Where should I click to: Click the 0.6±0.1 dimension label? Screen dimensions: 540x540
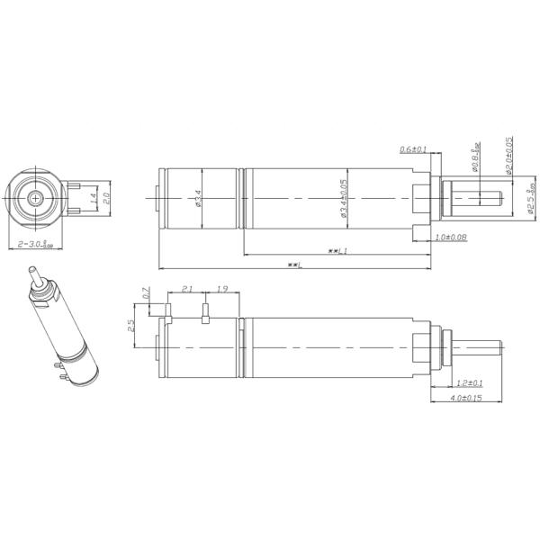413,149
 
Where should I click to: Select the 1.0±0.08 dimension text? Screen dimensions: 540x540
450,237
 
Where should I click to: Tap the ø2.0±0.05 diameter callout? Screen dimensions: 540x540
508,155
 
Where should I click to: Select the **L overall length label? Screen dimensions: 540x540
293,265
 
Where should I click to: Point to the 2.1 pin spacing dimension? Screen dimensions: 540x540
187,289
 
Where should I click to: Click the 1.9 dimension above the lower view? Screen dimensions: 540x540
223,289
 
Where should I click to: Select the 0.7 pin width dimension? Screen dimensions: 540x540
148,293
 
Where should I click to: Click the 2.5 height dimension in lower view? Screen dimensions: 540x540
131,325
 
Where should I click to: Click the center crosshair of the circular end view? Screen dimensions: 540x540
36,197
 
